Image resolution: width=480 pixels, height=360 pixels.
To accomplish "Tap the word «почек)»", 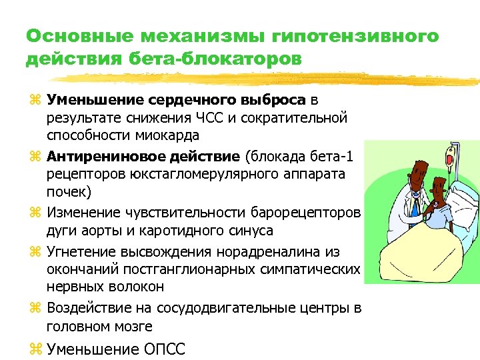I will [x=67, y=193].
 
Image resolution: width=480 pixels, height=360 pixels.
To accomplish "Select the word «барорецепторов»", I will [x=306, y=213].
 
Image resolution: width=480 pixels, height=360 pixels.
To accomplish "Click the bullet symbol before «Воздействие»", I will [x=37, y=308].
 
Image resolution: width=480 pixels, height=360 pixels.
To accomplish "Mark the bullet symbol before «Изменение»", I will [x=37, y=213].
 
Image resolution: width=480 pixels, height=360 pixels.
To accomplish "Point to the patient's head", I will [x=441, y=190].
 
